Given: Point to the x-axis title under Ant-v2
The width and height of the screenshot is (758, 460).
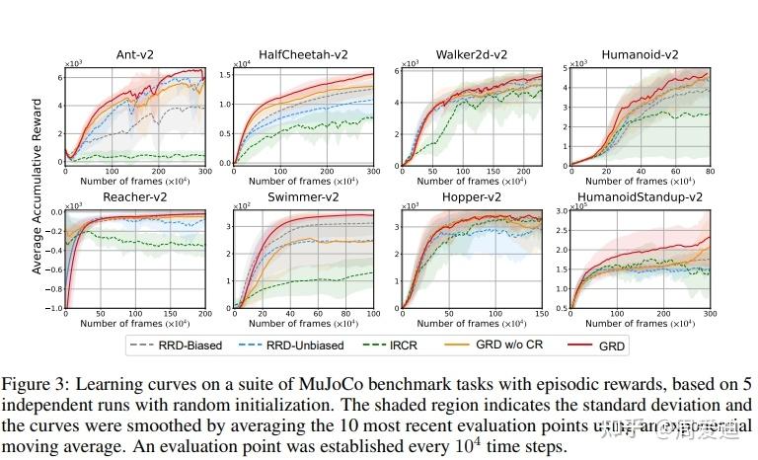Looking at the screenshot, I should pos(134,181).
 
